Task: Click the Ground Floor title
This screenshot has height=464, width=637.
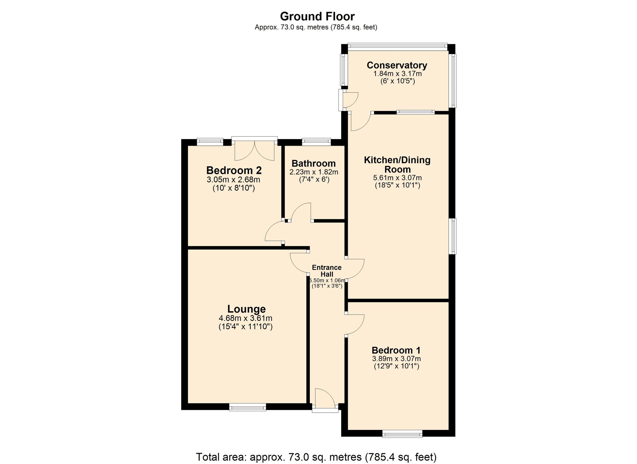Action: coord(317,16)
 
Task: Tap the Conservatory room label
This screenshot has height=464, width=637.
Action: coord(397,65)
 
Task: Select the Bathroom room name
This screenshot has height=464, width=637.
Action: coord(313,164)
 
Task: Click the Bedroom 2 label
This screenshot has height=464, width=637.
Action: coord(234,170)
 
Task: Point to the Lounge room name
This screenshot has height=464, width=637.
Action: coord(246,309)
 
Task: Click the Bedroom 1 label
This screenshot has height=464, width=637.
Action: coord(396,350)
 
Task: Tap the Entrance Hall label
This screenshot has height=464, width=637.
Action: coord(326,271)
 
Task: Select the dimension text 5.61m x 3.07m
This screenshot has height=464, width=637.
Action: coord(397,178)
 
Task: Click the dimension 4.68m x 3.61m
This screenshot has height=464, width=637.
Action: coord(245,318)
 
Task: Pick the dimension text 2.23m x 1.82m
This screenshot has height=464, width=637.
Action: coord(313,172)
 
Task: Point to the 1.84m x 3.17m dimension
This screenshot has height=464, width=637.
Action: coord(397,74)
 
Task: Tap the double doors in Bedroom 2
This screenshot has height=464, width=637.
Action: coord(254,151)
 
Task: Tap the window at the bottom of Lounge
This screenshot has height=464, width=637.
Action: coord(247,407)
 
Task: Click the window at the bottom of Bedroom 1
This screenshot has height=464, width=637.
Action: coord(402,433)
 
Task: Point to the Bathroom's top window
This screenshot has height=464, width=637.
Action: coord(316,142)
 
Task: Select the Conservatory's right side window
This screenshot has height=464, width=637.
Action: coord(453,81)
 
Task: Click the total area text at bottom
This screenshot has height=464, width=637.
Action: coord(316,457)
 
